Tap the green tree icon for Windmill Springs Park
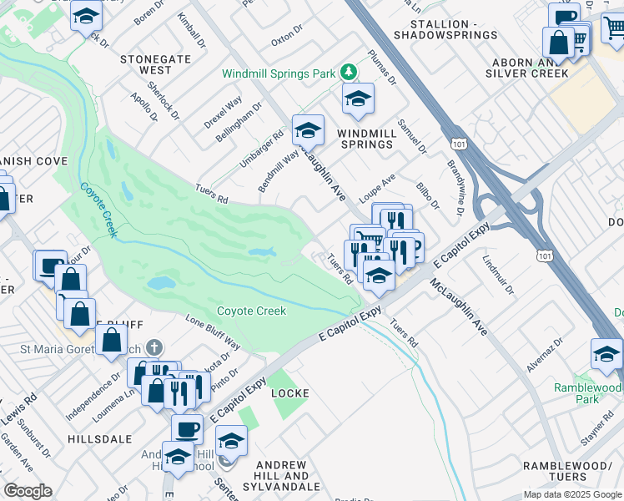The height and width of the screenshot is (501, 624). [x=349, y=73]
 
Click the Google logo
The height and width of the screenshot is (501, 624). [x=28, y=490]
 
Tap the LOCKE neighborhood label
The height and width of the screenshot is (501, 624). [x=289, y=392]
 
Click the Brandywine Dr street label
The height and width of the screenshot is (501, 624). [x=455, y=188]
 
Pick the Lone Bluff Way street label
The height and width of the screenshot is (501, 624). [x=212, y=332]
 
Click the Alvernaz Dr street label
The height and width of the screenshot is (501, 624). [x=545, y=354]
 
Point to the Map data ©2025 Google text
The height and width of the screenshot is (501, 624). [x=571, y=494]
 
